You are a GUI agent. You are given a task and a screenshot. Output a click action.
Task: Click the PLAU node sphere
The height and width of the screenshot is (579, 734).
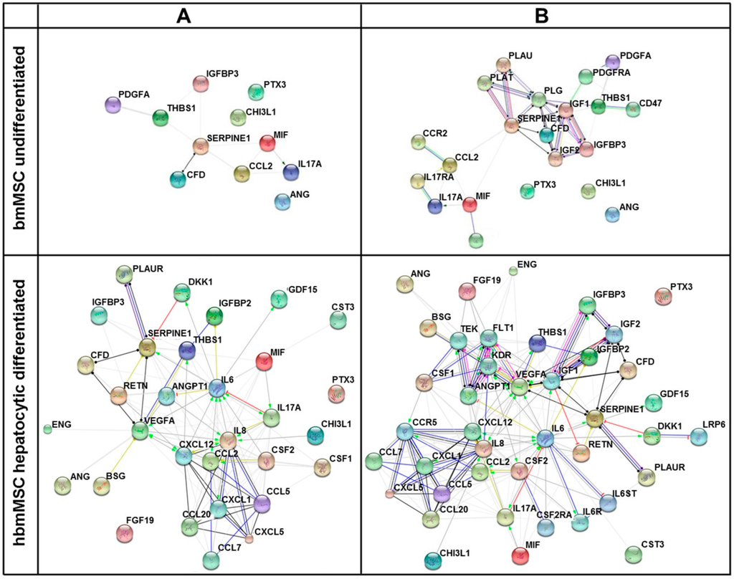(x=503, y=64)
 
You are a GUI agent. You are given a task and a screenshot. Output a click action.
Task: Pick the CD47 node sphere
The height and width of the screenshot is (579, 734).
(x=633, y=109)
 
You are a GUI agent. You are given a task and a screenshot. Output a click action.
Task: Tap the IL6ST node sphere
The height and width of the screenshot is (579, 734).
(x=607, y=503)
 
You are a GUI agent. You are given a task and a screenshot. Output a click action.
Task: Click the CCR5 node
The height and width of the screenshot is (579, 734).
(x=405, y=431)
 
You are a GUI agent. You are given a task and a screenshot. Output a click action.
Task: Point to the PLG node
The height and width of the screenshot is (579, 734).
(x=539, y=100)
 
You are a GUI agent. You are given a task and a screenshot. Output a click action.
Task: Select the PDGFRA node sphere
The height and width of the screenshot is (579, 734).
(x=585, y=76)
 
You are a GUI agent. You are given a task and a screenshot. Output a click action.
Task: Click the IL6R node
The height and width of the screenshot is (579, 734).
(x=581, y=522)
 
